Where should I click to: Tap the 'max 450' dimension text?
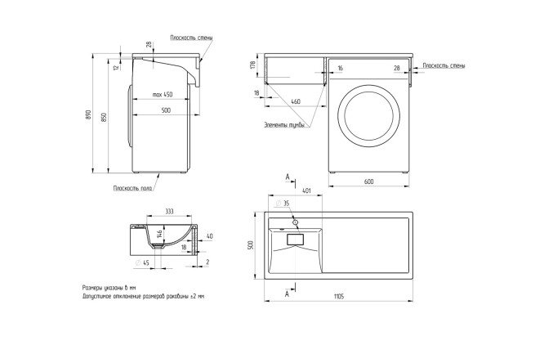click(162, 96)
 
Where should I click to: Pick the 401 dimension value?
click(306, 190)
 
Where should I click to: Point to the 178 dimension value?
click(254, 65)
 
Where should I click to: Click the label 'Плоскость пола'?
click(134, 188)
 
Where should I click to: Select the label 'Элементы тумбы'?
click(284, 125)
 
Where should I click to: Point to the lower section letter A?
click(288, 290)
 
